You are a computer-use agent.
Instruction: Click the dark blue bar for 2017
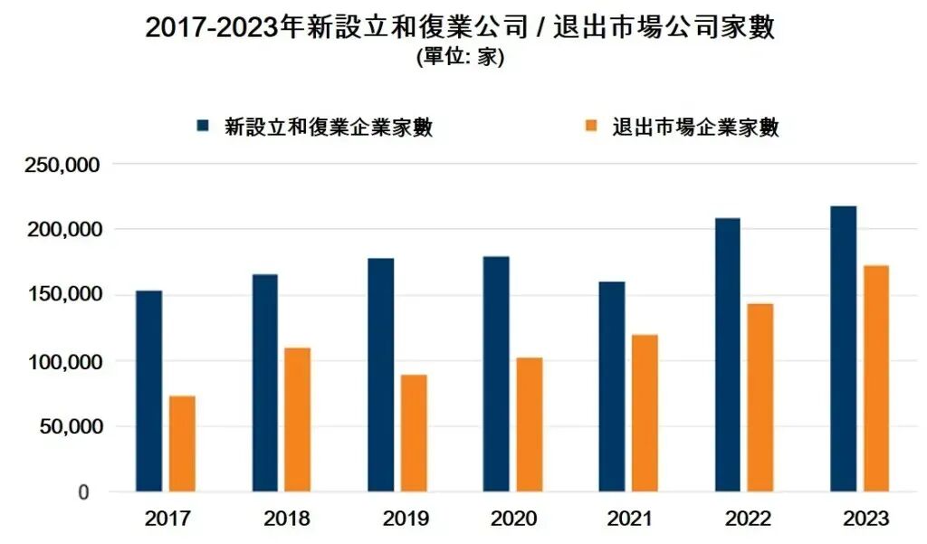pyautogui.click(x=148, y=391)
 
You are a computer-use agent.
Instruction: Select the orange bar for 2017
pyautogui.click(x=182, y=444)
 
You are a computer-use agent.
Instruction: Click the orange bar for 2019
pyautogui.click(x=414, y=433)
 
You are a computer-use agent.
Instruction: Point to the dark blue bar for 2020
pyautogui.click(x=496, y=374)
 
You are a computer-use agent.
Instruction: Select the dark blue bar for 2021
pyautogui.click(x=612, y=387)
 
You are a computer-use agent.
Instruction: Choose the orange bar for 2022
pyautogui.click(x=760, y=397)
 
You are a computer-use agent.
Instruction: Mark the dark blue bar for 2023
pyautogui.click(x=843, y=348)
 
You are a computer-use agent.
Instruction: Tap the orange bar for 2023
pyautogui.click(x=876, y=378)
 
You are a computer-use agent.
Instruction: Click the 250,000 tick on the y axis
pyautogui.click(x=64, y=166)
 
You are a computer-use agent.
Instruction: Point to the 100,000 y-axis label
pyautogui.click(x=64, y=361)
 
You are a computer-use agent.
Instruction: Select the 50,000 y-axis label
pyautogui.click(x=69, y=426)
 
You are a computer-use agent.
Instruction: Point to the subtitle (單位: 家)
pyautogui.click(x=460, y=58)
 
